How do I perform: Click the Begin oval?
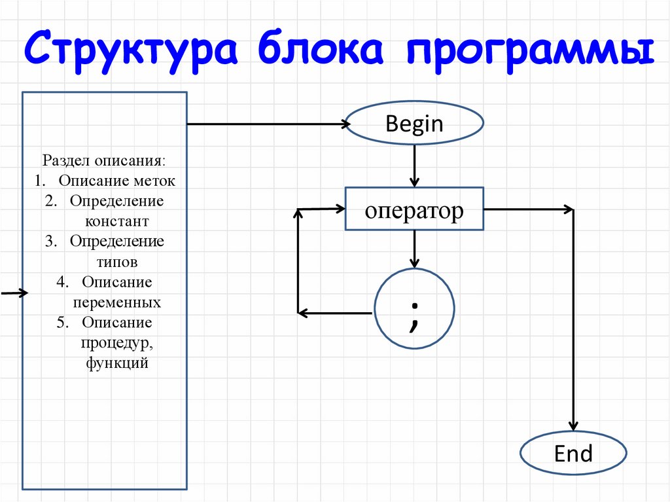coord(414,124)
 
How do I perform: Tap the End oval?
coord(573,454)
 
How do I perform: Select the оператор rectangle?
coord(414,210)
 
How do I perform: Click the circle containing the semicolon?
coord(414,308)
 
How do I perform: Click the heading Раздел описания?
coord(104,160)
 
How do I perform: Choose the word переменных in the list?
coord(117,303)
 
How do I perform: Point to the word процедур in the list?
coord(117,343)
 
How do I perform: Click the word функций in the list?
coord(117,363)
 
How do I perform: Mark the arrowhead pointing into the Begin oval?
coord(345,124)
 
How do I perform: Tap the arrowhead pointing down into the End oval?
coord(573,425)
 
